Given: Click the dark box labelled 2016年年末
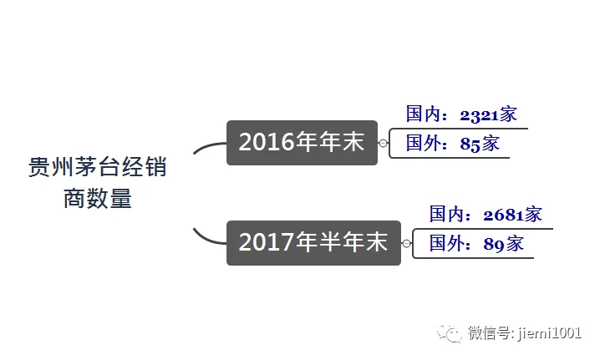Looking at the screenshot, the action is [302, 143].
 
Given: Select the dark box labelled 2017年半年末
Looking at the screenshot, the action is [313, 243].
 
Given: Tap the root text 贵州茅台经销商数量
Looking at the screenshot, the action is [98, 183].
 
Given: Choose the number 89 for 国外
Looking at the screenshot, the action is [493, 245].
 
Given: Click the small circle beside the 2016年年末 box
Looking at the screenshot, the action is [384, 144].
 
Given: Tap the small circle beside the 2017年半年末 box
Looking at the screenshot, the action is [407, 244].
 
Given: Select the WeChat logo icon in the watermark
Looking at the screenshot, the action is [452, 333].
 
